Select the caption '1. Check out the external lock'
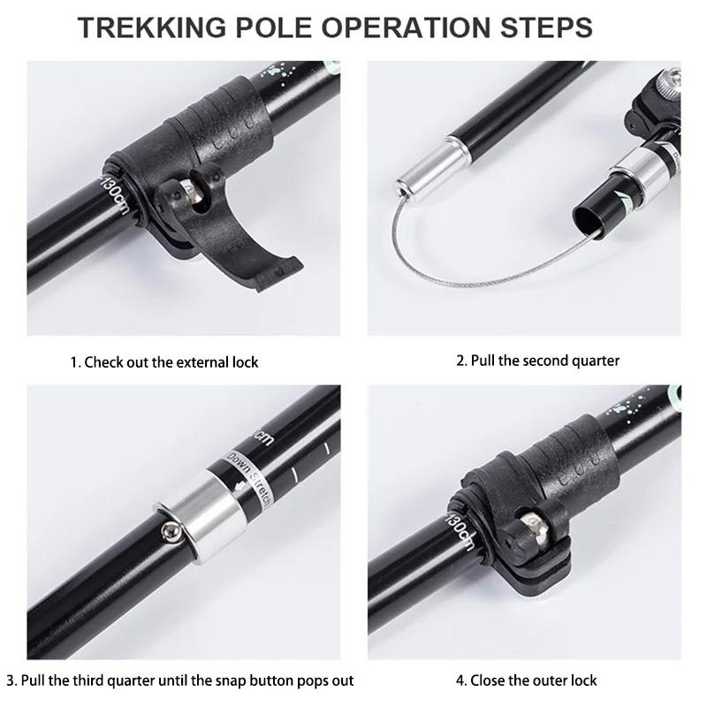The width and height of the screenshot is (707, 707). (164, 362)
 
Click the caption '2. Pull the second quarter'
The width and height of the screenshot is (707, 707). (537, 361)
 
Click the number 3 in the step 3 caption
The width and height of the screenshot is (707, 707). (11, 680)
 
